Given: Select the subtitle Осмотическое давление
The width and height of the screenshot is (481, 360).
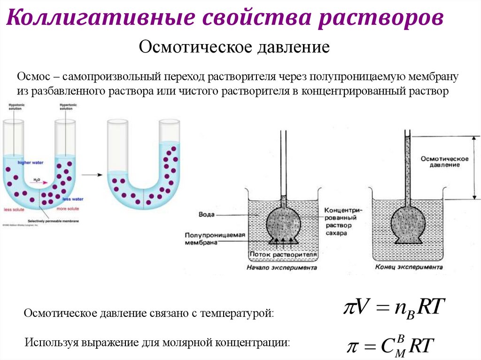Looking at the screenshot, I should coord(234,48).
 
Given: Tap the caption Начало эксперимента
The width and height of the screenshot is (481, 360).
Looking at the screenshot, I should coord(282,268).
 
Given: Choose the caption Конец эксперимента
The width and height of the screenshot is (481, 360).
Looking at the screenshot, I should coord(408,268).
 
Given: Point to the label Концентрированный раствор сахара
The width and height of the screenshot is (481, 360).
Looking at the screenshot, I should coord(341,219).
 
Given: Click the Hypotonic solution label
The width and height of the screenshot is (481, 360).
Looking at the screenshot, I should coord(15,107).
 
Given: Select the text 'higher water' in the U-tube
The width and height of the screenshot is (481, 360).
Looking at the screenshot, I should coord(30,162).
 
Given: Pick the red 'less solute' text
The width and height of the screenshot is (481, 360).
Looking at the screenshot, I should coord(14,209).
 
